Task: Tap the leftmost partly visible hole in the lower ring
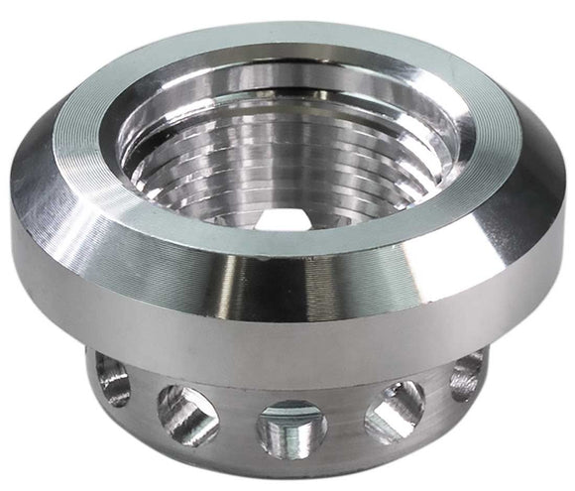[x=113, y=381]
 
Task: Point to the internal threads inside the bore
[x=297, y=169]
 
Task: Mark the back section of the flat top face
[x=297, y=45]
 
